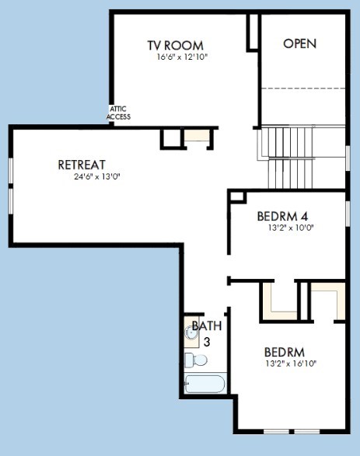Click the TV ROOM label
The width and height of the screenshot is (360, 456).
click(175, 45)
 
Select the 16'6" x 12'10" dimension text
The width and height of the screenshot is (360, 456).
click(182, 57)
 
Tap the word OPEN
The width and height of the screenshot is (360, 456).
click(300, 44)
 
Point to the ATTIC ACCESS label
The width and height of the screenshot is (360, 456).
click(118, 113)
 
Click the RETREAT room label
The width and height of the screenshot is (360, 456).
click(82, 165)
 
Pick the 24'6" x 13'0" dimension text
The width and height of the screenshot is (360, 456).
click(97, 176)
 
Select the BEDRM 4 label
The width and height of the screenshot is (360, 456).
click(282, 216)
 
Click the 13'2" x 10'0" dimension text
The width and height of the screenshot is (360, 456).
click(291, 228)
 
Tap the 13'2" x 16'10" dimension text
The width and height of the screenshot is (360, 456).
click(291, 364)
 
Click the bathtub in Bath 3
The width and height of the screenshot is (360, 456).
click(205, 384)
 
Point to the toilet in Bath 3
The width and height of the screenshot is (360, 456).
click(196, 360)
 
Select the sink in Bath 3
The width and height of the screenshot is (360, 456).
click(191, 333)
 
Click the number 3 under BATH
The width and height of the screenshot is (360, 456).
click(207, 342)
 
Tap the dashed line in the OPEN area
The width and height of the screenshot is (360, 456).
click(303, 88)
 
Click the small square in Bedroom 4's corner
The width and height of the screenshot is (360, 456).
click(237, 197)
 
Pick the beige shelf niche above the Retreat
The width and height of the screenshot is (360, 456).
click(197, 135)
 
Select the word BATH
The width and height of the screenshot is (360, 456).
click(207, 325)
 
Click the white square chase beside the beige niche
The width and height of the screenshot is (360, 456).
click(172, 138)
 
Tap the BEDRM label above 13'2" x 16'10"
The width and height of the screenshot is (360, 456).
click(285, 352)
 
